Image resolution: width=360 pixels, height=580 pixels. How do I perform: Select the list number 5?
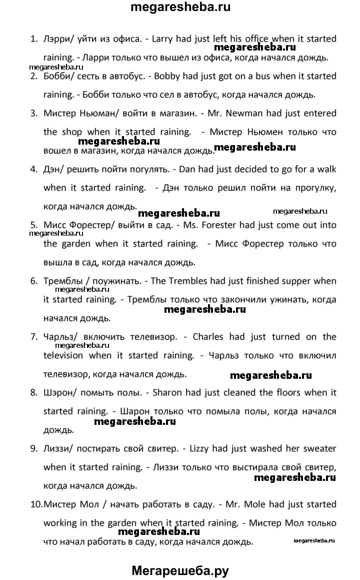click(33, 225)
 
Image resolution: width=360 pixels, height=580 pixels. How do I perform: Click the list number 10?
click(35, 504)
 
